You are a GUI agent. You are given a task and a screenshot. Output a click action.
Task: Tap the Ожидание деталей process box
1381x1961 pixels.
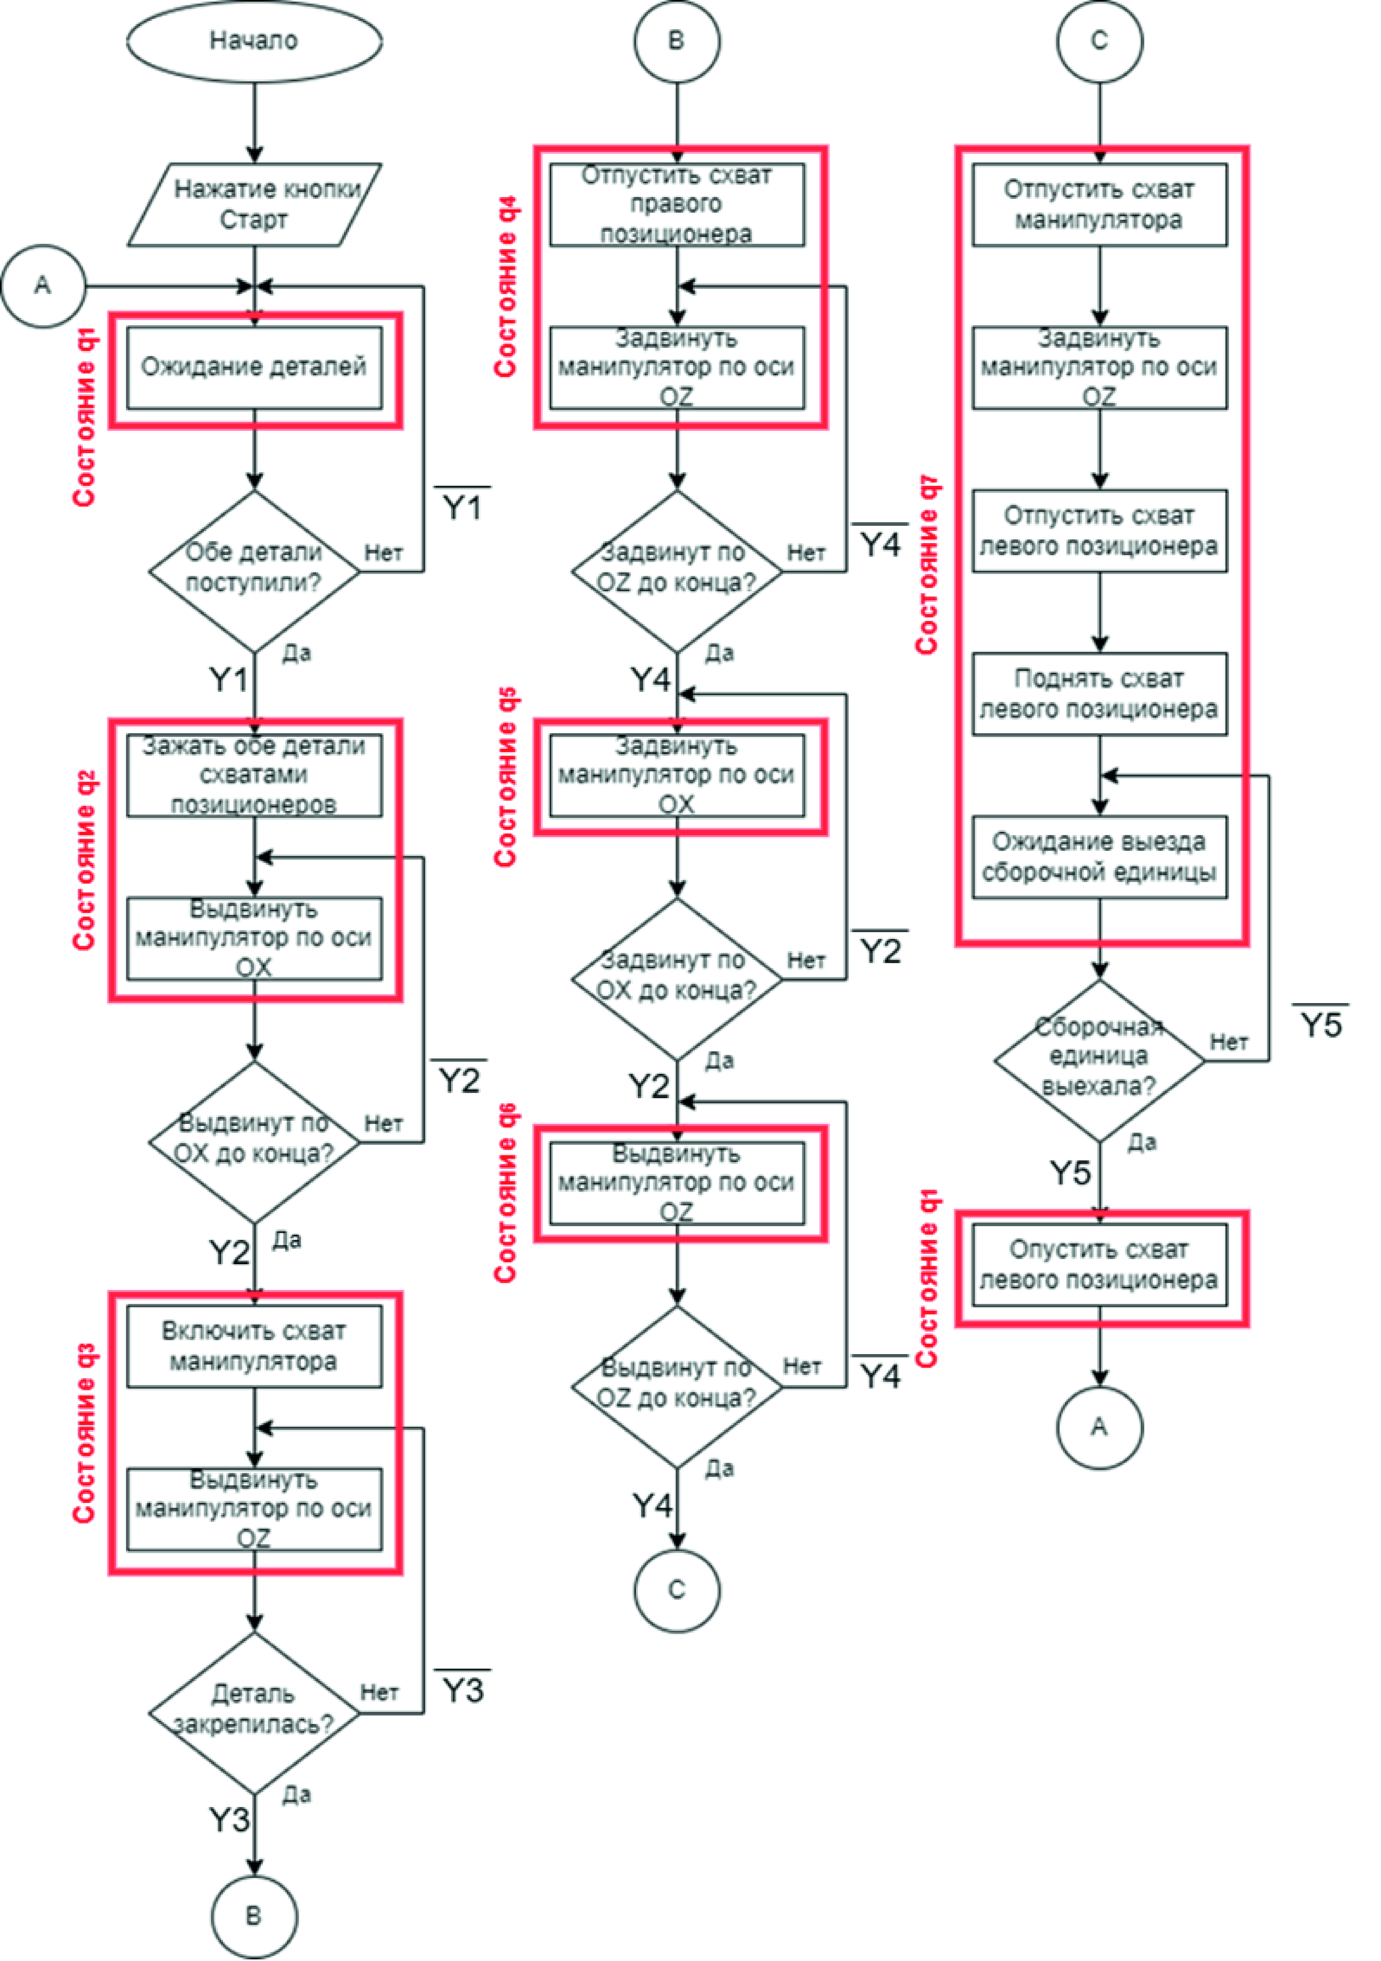pos(254,367)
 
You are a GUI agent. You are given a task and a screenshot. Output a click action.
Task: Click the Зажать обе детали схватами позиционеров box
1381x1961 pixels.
pos(254,775)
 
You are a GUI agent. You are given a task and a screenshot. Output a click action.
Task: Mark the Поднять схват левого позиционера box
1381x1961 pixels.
pos(1099,693)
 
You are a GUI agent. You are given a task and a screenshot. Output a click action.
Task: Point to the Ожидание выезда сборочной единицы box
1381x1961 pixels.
pos(1099,857)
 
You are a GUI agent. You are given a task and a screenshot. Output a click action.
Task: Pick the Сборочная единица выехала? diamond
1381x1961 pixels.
pos(1099,1059)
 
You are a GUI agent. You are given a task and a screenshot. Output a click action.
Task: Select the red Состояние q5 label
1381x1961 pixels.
pos(506,777)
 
